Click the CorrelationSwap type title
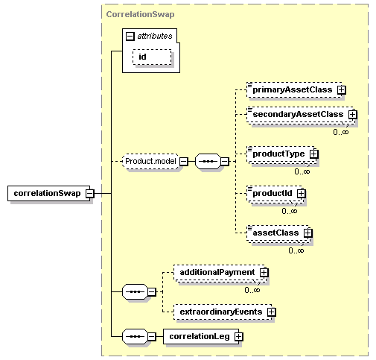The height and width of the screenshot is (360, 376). coord(140,14)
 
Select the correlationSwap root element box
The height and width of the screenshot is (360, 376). coord(49,193)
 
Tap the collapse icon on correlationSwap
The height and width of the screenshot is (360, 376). coord(90,193)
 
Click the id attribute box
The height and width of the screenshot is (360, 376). coord(152,57)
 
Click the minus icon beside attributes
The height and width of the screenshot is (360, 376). coord(130,37)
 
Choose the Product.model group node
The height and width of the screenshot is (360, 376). coord(150,162)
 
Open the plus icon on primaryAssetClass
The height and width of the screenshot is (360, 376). coord(342,89)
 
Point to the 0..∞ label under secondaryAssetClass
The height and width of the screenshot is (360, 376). coord(341,132)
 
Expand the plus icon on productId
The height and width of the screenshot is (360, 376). coord(302,193)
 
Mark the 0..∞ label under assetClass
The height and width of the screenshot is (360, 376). coord(296,250)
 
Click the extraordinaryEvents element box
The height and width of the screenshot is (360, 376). coord(223,312)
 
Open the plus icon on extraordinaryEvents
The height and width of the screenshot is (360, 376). coord(271,312)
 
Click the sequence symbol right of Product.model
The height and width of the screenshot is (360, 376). coord(208,162)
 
